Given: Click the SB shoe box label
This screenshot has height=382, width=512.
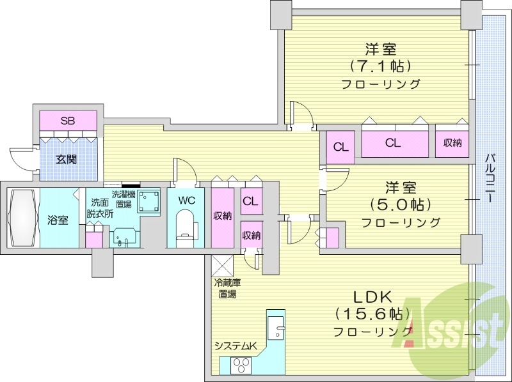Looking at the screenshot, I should click(x=67, y=121).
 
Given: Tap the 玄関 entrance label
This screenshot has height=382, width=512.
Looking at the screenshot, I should click(x=67, y=159).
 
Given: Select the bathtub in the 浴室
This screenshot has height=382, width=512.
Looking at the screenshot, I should click(x=23, y=218).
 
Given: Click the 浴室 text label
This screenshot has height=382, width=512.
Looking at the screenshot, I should click(x=58, y=220).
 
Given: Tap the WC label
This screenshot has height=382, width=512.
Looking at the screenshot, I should click(x=186, y=200).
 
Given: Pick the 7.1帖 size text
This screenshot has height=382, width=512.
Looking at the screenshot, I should click(x=380, y=66).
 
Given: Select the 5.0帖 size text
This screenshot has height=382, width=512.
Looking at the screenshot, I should click(x=400, y=204).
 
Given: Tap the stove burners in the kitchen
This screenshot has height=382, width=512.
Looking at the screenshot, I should click(x=243, y=365).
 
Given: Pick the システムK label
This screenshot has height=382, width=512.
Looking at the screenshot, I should click(x=235, y=346).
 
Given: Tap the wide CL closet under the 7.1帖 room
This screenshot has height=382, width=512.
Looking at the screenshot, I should click(x=393, y=143).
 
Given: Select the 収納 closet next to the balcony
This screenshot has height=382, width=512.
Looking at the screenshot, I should click(x=452, y=143).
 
